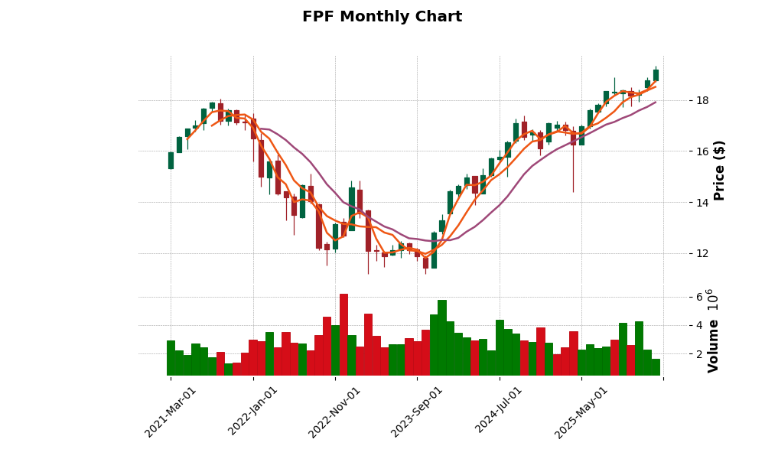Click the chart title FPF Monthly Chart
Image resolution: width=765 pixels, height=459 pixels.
[x=382, y=17]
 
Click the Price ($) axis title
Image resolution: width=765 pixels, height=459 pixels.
[x=719, y=170]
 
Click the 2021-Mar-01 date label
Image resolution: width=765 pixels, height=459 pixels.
[x=171, y=412]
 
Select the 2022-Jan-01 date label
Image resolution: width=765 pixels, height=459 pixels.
[x=253, y=412]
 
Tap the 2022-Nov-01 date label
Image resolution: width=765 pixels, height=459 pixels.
[x=335, y=412]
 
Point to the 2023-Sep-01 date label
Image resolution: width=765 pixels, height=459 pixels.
[x=417, y=412]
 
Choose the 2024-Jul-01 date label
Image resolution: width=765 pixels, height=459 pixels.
[x=500, y=412]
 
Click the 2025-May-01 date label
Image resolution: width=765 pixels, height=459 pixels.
[x=581, y=412]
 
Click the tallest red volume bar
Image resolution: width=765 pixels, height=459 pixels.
[x=343, y=334]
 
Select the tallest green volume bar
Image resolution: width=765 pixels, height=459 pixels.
[x=442, y=337]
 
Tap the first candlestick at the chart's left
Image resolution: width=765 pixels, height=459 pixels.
[x=171, y=160]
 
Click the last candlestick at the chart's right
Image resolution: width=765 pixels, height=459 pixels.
[x=656, y=74]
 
